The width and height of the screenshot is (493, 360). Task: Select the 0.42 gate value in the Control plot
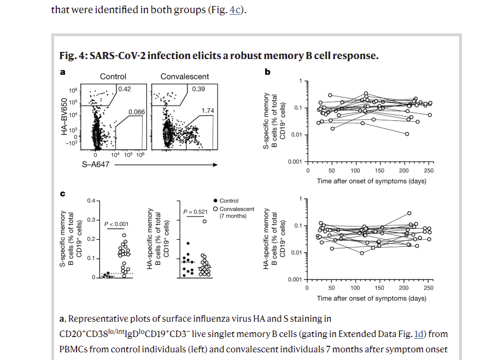(125, 89)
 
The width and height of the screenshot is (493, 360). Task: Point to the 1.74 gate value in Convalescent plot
(208, 111)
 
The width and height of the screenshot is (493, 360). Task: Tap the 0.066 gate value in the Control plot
(136, 112)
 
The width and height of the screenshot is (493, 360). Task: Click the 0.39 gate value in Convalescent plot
(198, 89)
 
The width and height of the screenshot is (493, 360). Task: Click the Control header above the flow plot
(113, 77)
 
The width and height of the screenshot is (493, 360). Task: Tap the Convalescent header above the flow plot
(185, 77)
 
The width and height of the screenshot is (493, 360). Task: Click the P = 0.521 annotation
(196, 211)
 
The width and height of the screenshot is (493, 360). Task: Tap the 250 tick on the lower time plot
(428, 288)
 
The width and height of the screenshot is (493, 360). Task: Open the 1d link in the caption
(419, 334)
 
